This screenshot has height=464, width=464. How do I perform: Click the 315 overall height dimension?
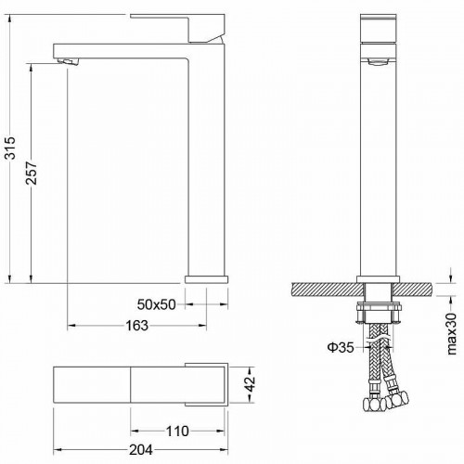10,148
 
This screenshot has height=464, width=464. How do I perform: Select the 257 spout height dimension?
32,173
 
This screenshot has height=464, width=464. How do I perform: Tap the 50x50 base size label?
157,304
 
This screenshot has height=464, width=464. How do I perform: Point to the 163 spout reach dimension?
136,326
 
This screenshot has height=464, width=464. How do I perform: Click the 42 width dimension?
250,384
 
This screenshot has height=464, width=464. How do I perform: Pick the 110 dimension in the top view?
177,431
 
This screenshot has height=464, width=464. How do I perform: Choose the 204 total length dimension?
141,450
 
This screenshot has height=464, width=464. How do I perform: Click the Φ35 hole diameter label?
341,348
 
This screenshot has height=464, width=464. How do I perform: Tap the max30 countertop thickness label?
452,334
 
